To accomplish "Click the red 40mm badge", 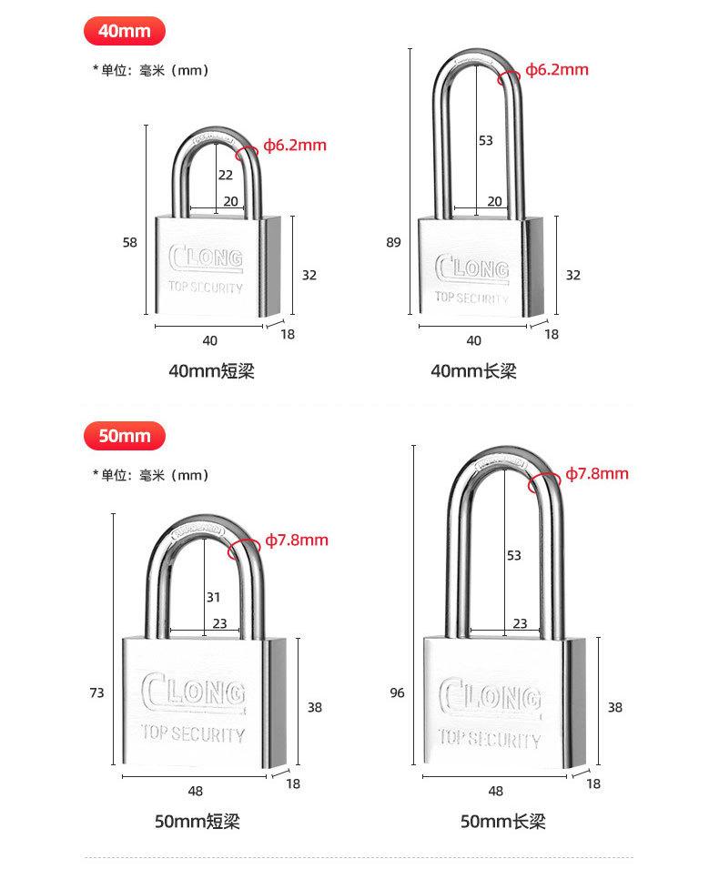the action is (124, 31).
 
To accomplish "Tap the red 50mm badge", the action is (124, 436).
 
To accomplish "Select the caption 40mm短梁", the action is (211, 370).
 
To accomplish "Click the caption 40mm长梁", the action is (473, 370).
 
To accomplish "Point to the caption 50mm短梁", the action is (197, 821).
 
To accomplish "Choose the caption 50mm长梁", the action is (502, 821).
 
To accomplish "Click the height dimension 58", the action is (130, 242).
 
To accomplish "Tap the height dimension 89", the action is (393, 242).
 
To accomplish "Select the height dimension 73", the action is (96, 692).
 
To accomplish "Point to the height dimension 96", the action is (397, 692).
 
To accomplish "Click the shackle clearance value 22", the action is (226, 175).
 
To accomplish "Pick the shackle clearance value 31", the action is (214, 598).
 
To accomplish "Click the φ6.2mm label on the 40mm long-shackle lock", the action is (557, 70).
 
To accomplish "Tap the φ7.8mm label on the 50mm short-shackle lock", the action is (297, 540).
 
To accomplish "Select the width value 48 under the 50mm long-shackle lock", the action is (496, 791).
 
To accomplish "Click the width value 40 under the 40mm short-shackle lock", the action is (209, 341).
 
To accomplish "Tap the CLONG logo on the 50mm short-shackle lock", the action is (193, 692).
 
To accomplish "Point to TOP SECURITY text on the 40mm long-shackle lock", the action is (471, 298).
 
